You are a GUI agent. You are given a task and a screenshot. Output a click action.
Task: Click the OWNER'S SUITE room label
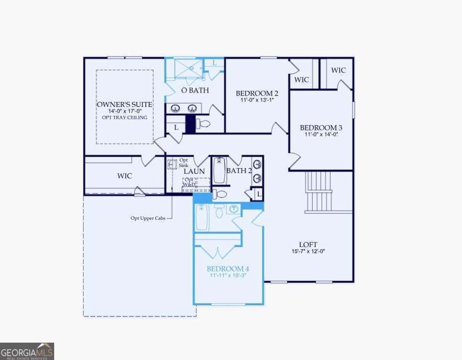coord(125,104)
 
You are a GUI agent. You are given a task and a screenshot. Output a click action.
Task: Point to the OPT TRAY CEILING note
coord(125,117)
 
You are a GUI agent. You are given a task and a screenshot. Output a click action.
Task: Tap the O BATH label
coord(194,90)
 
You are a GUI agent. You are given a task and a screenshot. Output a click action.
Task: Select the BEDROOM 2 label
coord(257,93)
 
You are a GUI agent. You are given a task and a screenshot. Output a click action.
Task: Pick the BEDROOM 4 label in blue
coord(228,267)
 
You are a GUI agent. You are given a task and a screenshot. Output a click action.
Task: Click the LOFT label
coord(308,245)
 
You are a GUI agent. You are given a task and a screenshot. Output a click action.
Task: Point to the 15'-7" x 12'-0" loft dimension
coord(308,252)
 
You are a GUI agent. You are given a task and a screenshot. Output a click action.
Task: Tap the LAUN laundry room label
coord(194,171)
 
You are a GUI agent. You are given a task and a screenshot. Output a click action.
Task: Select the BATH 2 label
coord(239,171)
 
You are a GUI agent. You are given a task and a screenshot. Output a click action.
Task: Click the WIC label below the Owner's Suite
coord(125,175)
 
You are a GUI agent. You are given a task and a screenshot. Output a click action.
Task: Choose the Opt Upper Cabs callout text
coord(148,218)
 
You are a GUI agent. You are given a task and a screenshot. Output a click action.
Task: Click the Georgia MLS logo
coord(27,351)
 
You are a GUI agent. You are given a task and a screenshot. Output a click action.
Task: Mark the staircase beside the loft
coord(319,191)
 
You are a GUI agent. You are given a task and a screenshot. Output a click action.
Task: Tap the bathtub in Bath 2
coord(220,170)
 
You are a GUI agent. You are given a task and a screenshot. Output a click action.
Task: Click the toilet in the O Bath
coord(204,124)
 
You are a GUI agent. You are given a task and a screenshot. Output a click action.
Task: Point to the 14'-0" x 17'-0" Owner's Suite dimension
coord(125,111)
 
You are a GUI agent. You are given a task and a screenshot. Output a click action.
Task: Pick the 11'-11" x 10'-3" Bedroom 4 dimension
coord(228,275)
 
